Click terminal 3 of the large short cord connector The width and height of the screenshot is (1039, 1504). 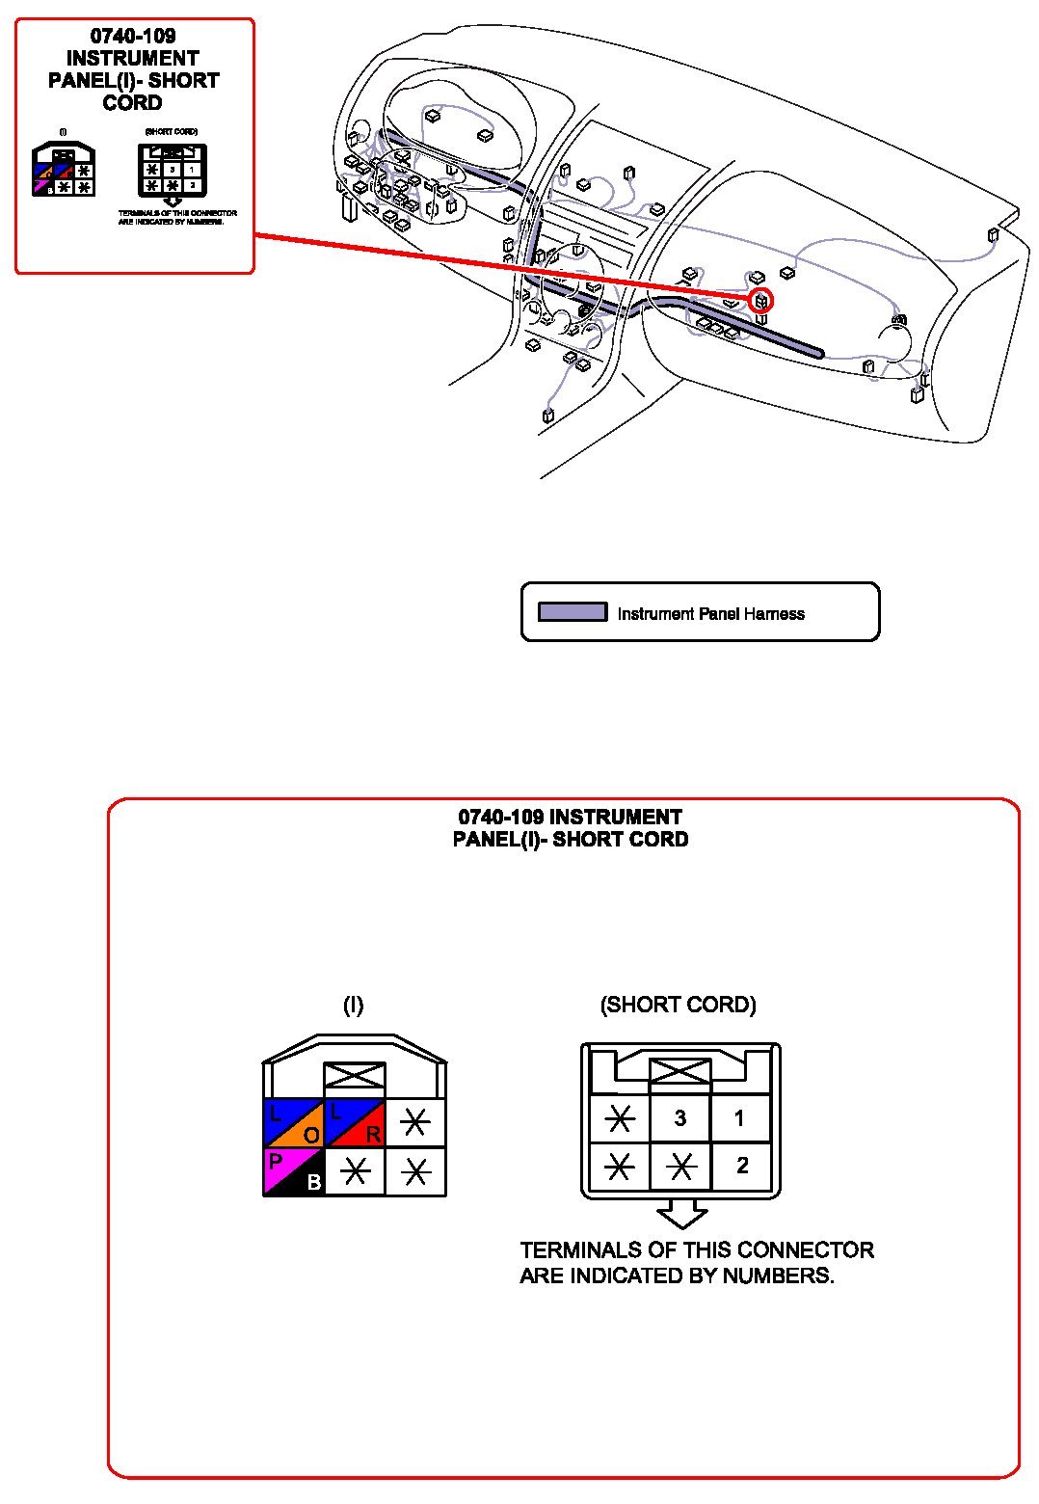(x=680, y=1118)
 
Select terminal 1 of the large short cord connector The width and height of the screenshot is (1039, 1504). (x=739, y=1118)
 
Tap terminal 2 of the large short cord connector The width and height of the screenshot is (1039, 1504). (x=741, y=1166)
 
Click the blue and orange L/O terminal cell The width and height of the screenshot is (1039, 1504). (x=293, y=1123)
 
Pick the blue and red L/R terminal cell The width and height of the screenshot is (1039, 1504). (x=355, y=1123)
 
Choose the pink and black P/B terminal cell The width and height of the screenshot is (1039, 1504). (x=293, y=1171)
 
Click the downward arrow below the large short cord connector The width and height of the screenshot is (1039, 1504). (x=681, y=1214)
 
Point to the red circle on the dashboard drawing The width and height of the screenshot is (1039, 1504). (x=761, y=301)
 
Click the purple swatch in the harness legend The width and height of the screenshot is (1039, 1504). (x=573, y=612)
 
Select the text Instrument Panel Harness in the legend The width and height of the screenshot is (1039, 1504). (x=710, y=614)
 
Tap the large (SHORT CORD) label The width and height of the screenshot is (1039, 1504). (x=678, y=1005)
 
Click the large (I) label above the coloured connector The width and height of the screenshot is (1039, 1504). (x=353, y=1006)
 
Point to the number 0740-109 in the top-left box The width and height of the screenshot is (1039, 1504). (x=133, y=37)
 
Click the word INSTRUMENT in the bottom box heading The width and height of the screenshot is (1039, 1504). (x=615, y=818)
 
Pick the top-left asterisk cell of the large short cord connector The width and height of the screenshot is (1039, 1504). (x=620, y=1118)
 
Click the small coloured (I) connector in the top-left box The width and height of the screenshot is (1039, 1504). (x=64, y=170)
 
